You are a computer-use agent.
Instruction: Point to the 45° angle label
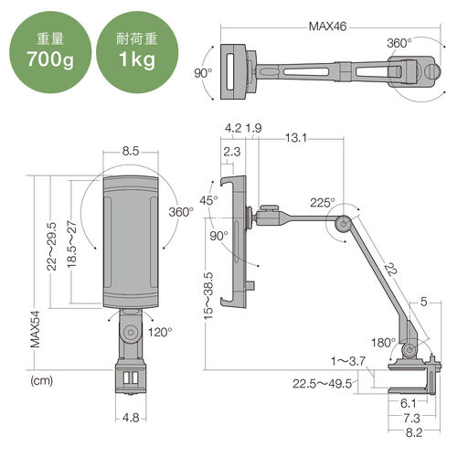coord(209,200)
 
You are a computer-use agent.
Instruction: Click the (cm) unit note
coord(42,380)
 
